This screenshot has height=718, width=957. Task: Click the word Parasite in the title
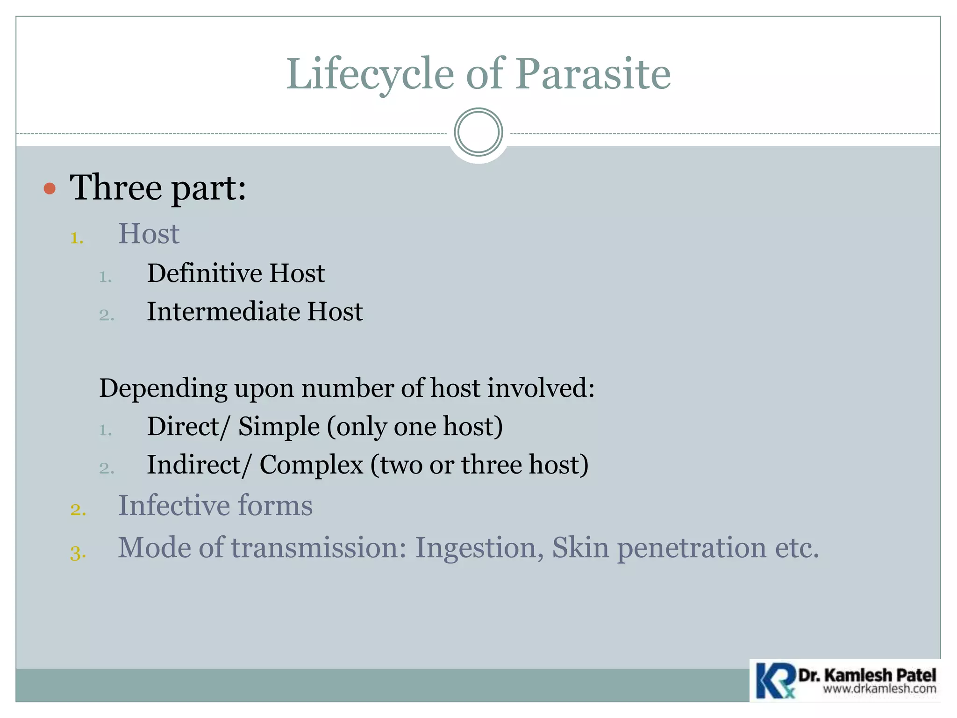(593, 74)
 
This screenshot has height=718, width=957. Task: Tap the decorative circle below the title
(478, 132)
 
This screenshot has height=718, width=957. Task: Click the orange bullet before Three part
(50, 189)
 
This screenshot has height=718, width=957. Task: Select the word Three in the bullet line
(116, 187)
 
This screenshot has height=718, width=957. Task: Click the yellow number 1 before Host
(77, 238)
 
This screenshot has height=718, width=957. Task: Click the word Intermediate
(223, 312)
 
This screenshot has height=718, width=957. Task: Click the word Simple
(279, 426)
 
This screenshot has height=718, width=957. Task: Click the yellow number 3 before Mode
(78, 553)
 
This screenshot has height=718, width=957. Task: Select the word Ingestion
(476, 548)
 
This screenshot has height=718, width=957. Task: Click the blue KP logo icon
(774, 681)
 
